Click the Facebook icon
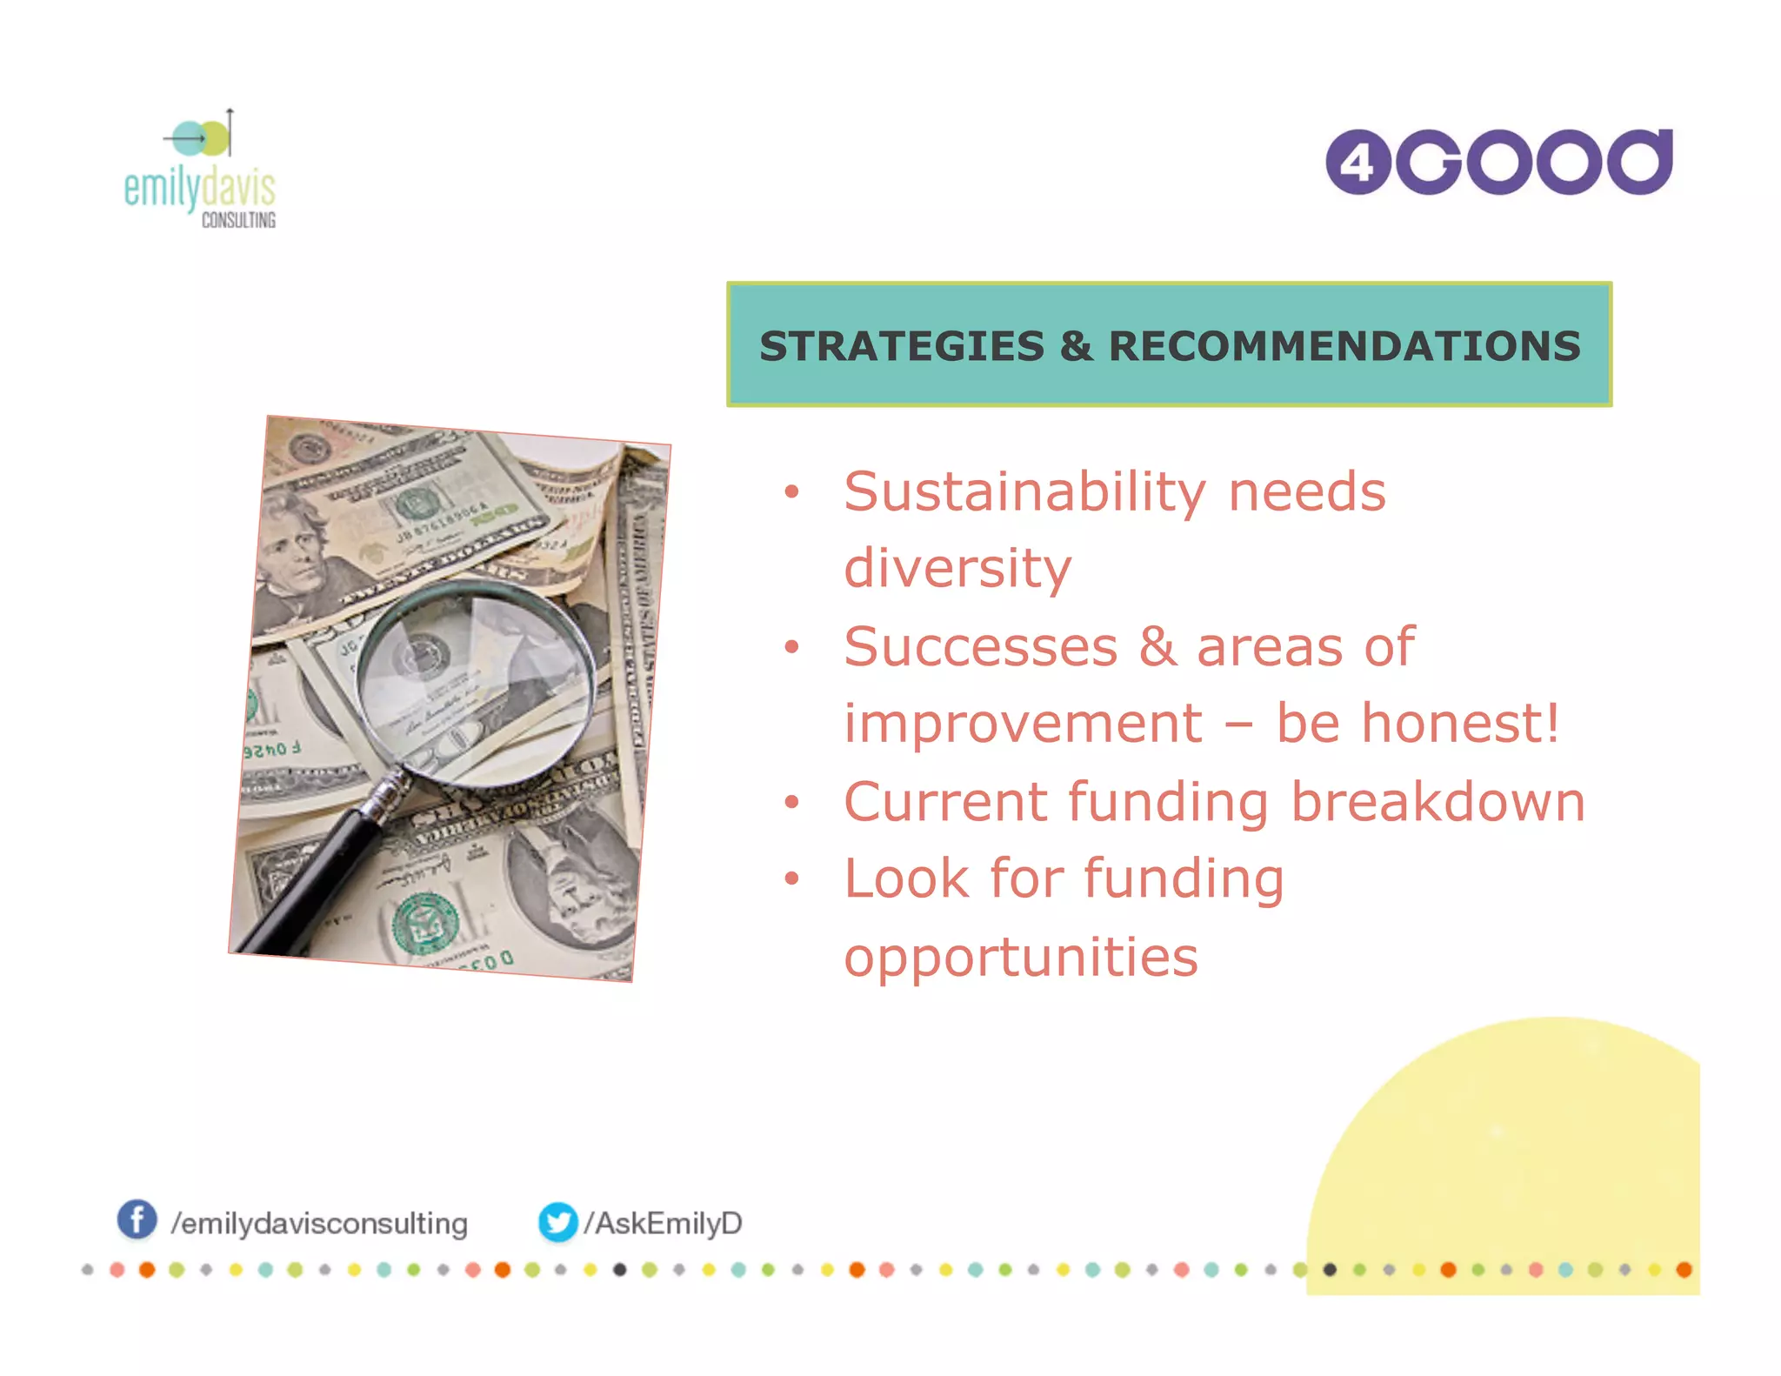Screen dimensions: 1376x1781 click(x=137, y=1219)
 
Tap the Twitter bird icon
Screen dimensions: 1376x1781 click(x=557, y=1222)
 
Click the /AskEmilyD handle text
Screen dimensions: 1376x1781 click(x=663, y=1223)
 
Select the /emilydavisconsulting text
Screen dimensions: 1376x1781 click(x=319, y=1224)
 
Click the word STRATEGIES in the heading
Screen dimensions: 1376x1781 click(x=901, y=346)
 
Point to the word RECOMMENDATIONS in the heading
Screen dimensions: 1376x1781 click(x=1344, y=346)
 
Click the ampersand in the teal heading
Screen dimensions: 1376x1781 click(x=1076, y=346)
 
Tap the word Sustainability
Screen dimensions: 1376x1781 click(x=1025, y=492)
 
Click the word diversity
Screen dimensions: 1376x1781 click(x=957, y=569)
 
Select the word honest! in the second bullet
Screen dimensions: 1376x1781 click(x=1461, y=724)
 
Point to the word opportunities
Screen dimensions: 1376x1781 click(x=1021, y=957)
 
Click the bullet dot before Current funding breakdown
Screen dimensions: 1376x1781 click(x=790, y=802)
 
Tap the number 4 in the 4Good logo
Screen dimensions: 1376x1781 click(x=1357, y=163)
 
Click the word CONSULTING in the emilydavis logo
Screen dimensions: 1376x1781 click(x=238, y=220)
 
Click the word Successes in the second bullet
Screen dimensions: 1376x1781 click(x=980, y=647)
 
